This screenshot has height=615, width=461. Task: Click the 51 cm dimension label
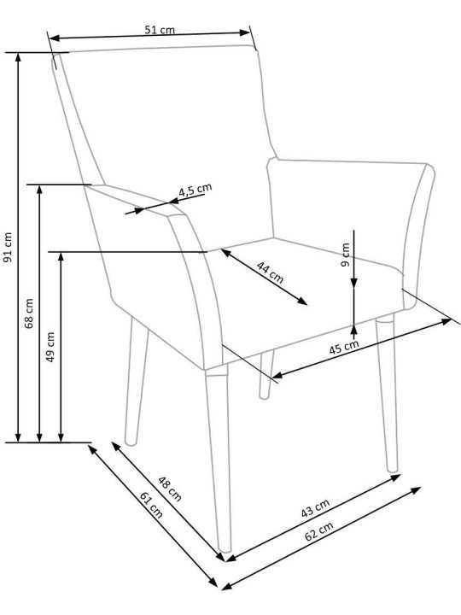160,30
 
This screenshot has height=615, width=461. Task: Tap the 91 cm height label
8,247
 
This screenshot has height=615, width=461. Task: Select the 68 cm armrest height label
29,313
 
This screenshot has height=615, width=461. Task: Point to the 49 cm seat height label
50,347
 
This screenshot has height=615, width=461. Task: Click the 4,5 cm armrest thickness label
195,190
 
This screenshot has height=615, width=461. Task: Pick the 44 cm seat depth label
270,272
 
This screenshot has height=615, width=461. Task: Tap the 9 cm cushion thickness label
345,255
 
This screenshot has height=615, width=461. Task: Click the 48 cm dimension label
170,489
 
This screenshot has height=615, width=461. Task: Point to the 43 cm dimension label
316,508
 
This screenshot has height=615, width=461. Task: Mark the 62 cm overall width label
319,531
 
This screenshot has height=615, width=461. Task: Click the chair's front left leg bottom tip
225,549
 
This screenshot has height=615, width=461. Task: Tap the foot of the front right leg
392,469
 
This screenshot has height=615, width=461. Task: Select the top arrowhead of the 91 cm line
18,57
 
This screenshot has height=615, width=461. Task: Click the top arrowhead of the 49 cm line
61,257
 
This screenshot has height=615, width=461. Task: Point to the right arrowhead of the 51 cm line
245,32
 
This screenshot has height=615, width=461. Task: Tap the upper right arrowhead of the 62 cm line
416,490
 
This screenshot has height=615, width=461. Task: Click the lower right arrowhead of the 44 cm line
302,302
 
